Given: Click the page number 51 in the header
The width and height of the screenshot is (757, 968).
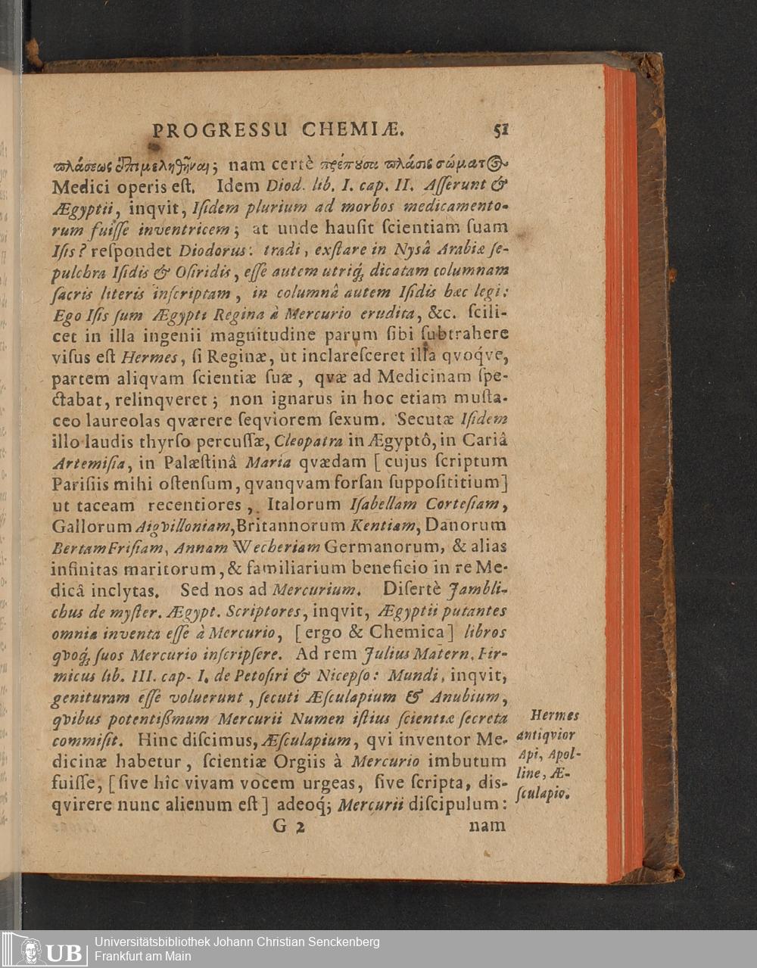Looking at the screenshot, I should point(500,129).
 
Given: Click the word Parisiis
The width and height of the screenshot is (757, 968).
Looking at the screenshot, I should point(78,482).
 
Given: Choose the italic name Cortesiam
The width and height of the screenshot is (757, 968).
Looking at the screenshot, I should point(460,504).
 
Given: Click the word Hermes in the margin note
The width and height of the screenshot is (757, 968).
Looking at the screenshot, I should point(555,715).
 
